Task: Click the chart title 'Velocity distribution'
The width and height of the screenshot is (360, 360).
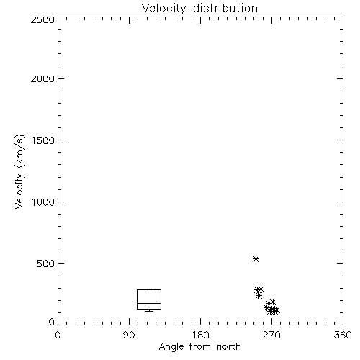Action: click(199, 8)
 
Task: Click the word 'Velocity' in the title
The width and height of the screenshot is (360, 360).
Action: click(164, 9)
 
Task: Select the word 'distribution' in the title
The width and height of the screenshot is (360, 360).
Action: click(225, 8)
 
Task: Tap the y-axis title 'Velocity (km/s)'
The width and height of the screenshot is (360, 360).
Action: click(19, 171)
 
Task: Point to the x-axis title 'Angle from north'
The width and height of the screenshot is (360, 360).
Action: click(200, 347)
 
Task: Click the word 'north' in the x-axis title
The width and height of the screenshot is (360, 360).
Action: click(229, 347)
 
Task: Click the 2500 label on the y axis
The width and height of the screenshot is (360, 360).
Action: click(42, 19)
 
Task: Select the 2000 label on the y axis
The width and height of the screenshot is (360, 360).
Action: click(42, 78)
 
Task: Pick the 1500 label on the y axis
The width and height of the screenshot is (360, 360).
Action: click(43, 140)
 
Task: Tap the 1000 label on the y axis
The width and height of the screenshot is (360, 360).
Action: click(43, 202)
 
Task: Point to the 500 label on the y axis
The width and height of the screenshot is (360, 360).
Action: click(46, 264)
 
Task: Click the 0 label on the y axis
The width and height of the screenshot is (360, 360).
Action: click(52, 322)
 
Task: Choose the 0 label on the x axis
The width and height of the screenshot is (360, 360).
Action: click(58, 335)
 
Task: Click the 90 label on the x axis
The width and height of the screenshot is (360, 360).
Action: click(129, 335)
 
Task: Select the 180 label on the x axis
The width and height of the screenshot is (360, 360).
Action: click(200, 335)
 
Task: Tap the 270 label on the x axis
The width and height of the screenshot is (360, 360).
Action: click(271, 335)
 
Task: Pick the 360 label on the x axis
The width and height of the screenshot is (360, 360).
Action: click(343, 335)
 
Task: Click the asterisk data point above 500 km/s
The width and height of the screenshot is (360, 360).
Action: click(256, 258)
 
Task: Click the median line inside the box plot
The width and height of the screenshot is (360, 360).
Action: click(149, 303)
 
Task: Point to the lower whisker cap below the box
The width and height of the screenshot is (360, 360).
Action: click(149, 311)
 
